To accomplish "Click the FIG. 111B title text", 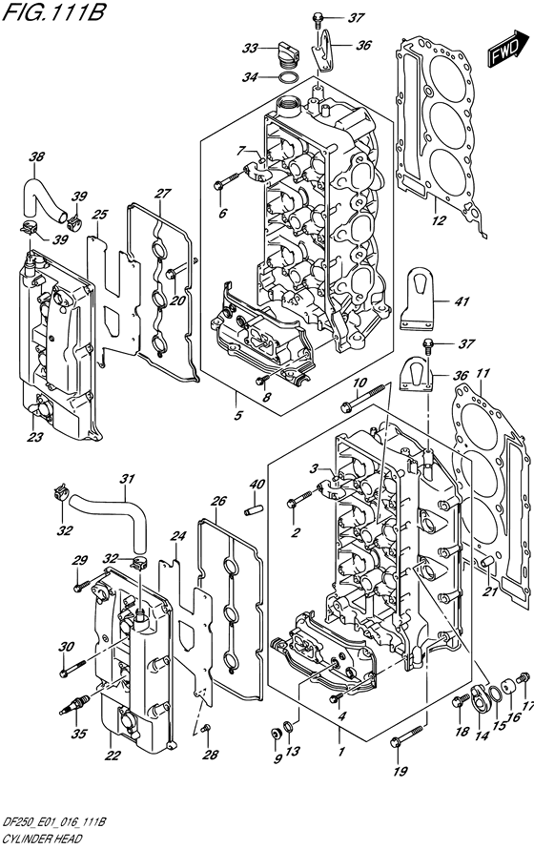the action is (54, 11).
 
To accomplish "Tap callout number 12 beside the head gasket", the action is (439, 220).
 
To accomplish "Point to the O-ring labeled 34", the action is (289, 77).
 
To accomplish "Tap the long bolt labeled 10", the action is (362, 397).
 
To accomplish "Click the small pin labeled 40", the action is (254, 509).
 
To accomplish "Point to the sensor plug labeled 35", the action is (73, 706).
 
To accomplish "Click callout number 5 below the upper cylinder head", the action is (238, 416).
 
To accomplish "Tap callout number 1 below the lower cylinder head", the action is (340, 752).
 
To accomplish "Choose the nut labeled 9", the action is (276, 734).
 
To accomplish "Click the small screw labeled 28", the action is (204, 730).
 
